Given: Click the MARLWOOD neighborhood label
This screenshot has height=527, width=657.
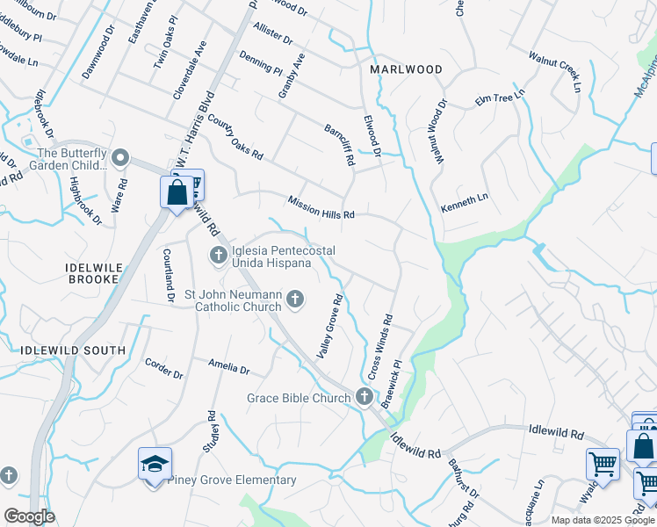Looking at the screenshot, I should [405, 69].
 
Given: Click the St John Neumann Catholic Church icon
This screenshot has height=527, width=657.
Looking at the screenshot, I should [295, 300].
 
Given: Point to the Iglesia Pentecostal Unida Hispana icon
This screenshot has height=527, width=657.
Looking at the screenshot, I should [219, 256].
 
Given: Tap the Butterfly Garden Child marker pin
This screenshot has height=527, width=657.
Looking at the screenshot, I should [121, 158].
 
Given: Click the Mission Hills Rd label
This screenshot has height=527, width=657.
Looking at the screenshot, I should [321, 207].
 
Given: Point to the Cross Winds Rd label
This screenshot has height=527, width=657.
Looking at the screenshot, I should [379, 347].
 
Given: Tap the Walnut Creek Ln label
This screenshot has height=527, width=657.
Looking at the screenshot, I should [555, 71].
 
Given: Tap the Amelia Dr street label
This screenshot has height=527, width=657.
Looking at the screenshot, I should [229, 366].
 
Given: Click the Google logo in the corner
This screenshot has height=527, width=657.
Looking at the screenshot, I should [29, 516].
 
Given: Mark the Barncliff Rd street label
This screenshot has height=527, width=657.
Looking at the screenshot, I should [338, 145].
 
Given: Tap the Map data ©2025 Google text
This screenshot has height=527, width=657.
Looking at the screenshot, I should [603, 520].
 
